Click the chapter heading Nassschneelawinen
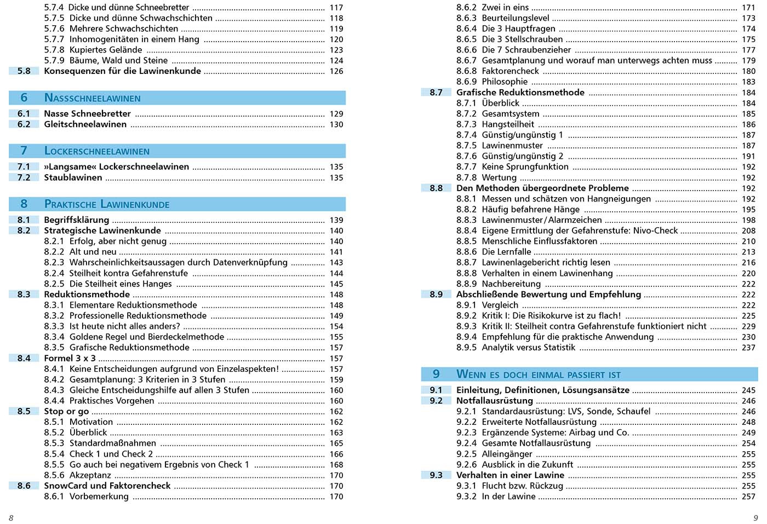pos(92,98)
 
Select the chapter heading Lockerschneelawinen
pos(96,151)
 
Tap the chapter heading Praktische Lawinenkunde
pos(106,204)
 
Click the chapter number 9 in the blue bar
pos(436,374)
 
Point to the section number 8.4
pos(24,358)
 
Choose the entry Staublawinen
pos(73,177)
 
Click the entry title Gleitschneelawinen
pos(85,124)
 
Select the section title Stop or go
pos(66,411)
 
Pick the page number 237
pos(748,348)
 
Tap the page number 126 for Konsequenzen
pos(336,71)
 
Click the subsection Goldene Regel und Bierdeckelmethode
pos(146,337)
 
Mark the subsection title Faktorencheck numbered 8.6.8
pos(510,71)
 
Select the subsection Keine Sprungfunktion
pos(525,167)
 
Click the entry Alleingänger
pos(507,454)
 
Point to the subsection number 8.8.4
pos(466,231)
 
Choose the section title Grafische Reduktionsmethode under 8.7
pos(520,93)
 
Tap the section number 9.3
pos(436,475)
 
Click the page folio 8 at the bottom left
pos(11,517)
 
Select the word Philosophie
pos(505,82)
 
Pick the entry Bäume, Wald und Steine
pos(118,60)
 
